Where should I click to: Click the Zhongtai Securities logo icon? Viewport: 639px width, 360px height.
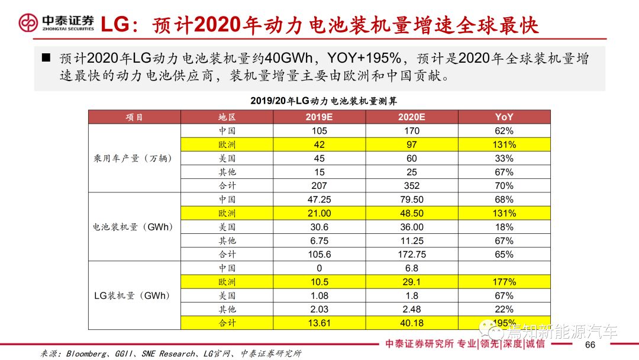(28, 23)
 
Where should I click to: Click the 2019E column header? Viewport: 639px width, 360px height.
(319, 117)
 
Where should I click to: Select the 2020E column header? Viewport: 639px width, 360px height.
(412, 117)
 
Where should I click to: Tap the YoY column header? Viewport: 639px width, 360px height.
(504, 117)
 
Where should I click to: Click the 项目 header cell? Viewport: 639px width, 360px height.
(134, 117)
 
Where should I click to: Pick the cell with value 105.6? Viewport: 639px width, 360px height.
(319, 255)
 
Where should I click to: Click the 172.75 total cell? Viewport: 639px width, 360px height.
(412, 255)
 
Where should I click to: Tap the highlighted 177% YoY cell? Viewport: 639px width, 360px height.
(504, 282)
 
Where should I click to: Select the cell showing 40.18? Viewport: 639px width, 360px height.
(412, 323)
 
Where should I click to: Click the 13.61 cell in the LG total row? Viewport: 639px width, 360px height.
(319, 323)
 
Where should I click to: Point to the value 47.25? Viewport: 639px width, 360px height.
(319, 200)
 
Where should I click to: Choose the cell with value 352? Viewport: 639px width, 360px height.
(412, 186)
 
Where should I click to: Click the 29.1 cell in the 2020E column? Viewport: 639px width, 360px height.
(412, 282)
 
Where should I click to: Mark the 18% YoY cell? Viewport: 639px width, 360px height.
(504, 227)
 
